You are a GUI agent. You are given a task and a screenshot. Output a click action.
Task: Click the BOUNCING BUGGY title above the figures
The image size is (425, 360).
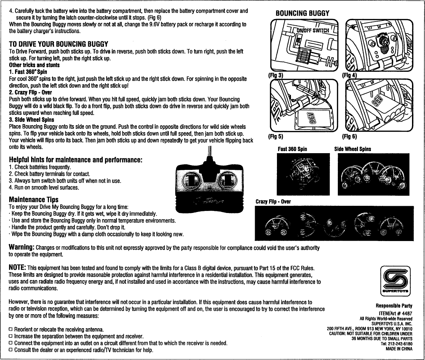pos(302,13)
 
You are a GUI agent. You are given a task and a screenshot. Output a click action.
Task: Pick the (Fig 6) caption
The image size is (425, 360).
pos(349,136)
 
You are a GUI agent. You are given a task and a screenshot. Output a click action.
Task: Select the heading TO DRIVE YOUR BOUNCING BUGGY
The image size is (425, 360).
pos(58,44)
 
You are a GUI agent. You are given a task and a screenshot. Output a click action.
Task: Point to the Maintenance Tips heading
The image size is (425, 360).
pos(34,199)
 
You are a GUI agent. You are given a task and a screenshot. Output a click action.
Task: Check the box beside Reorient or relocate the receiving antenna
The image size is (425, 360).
pos(11,329)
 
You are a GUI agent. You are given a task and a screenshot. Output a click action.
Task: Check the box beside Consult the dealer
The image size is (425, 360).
pos(11,350)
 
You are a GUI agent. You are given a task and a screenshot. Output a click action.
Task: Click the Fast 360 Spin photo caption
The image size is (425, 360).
pos(292,149)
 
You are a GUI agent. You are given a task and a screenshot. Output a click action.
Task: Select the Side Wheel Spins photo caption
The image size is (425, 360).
pos(352,149)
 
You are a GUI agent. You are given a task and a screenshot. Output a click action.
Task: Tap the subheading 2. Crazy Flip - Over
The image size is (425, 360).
pos(30,92)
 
